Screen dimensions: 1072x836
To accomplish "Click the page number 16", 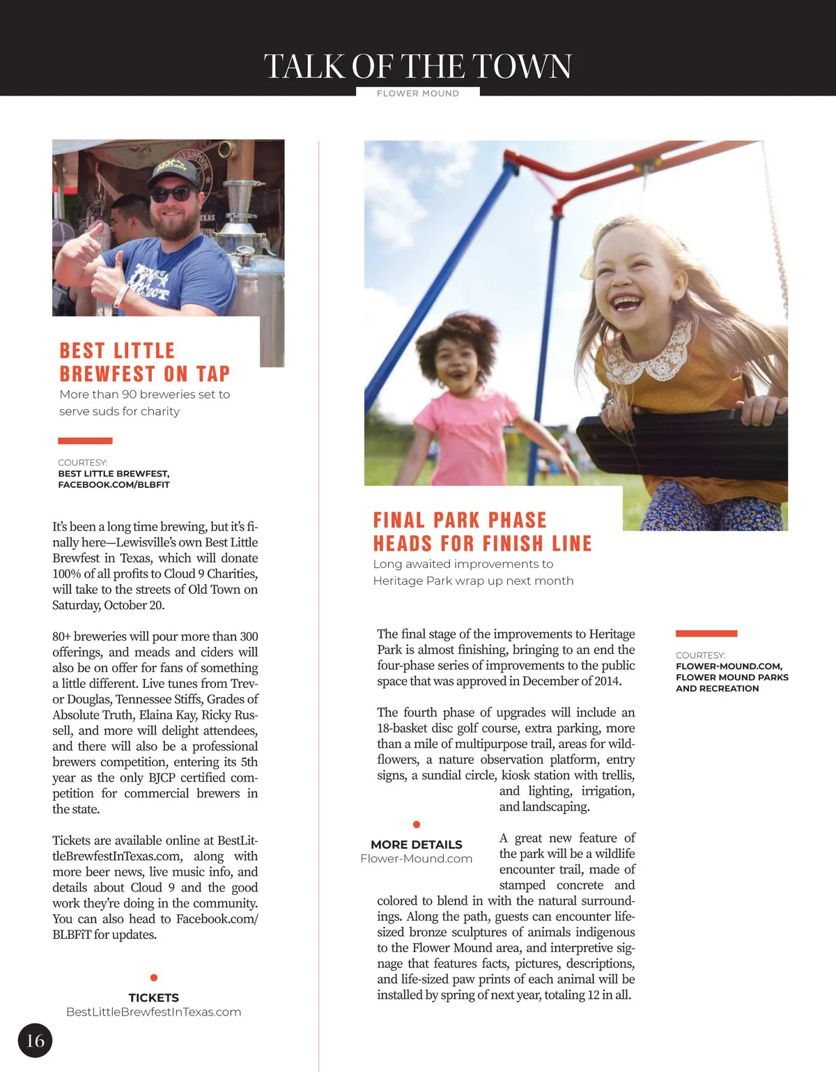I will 35,1041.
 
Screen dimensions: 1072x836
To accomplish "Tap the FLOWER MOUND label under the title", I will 417,93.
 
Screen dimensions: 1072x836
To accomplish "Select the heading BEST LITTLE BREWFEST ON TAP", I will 144,362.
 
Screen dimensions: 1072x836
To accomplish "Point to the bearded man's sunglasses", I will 172,193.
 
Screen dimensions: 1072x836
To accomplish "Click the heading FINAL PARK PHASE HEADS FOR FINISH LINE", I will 482,532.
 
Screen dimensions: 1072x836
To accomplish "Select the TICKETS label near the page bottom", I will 154,997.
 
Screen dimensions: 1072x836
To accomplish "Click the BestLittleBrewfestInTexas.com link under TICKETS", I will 154,1012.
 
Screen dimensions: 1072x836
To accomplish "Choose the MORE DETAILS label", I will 417,844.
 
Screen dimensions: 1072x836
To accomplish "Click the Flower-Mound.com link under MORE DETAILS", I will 417,859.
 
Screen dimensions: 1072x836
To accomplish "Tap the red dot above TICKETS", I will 154,978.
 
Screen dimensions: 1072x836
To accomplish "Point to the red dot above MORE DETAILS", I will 417,825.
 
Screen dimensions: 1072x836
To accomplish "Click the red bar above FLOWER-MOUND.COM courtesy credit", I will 706,634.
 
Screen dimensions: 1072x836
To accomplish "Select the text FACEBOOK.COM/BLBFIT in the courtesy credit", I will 114,484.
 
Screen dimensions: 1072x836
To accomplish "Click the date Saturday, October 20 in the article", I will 108,605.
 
